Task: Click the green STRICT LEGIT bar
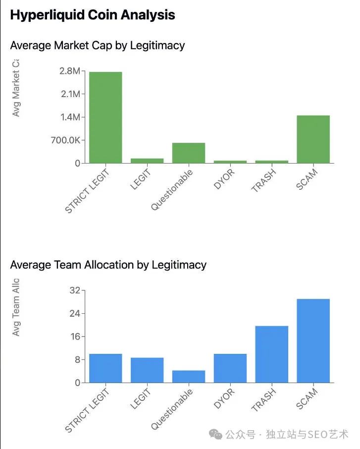click(x=105, y=117)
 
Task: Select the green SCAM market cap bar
click(x=313, y=139)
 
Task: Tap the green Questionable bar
click(x=189, y=153)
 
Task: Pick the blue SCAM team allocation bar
click(x=313, y=340)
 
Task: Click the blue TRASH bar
click(x=271, y=354)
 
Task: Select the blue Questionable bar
click(x=189, y=376)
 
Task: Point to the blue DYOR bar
click(x=230, y=368)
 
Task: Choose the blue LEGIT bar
click(x=147, y=370)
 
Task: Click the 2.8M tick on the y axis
click(x=69, y=71)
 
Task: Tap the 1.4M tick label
click(x=69, y=117)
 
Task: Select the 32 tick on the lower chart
click(x=74, y=290)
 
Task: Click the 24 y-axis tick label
click(x=74, y=314)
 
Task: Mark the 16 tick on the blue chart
click(x=74, y=337)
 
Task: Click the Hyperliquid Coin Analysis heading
click(x=93, y=15)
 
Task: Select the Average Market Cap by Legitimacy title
click(x=98, y=46)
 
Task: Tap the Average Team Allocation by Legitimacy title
click(x=108, y=265)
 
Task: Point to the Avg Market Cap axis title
click(x=16, y=88)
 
